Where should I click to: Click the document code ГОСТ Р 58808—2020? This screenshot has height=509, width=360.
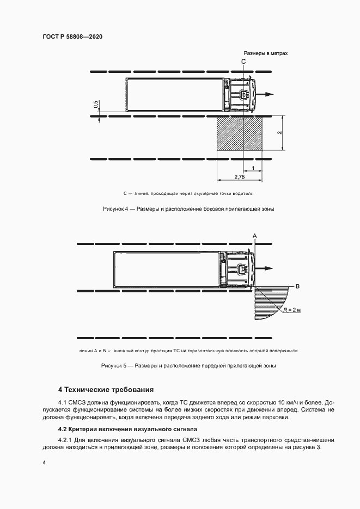click(72, 36)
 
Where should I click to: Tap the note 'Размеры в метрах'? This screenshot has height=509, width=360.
click(265, 54)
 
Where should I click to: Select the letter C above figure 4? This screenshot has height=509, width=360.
click(243, 63)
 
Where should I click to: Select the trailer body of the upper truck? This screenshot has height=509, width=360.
click(175, 95)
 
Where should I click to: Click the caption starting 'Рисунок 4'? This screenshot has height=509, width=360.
click(188, 209)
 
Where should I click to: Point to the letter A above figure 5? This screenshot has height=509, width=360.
click(254, 234)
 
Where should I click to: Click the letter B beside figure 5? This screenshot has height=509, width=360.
click(297, 286)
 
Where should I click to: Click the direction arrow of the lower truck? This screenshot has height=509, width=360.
click(266, 268)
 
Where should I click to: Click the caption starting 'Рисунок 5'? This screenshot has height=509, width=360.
click(188, 366)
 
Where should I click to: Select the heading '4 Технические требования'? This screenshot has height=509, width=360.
click(106, 390)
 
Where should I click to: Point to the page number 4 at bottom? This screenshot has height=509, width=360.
click(44, 462)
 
